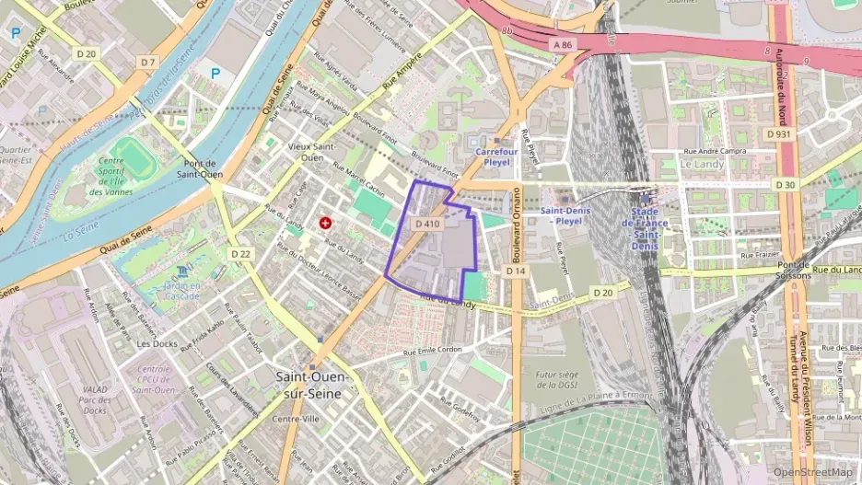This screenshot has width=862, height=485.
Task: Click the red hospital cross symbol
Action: pos(324,223)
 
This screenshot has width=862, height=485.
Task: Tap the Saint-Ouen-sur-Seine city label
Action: pos(309,385)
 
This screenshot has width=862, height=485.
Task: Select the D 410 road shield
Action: pos(428,224)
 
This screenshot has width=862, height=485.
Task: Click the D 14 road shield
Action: pos(515,271)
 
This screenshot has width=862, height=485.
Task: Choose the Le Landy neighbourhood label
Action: pos(698,163)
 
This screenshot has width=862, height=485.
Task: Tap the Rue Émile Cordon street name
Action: pos(433,351)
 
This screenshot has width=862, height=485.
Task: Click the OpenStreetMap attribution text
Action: pos(812,472)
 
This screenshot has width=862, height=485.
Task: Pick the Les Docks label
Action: pos(156,343)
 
